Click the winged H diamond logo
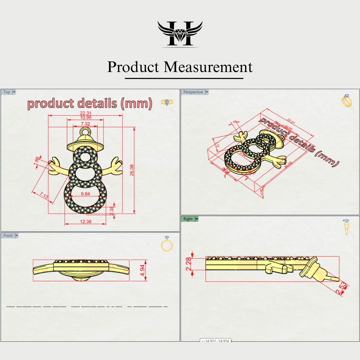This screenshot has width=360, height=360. pos(180,33)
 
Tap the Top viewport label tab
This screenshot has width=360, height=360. pos(7,92)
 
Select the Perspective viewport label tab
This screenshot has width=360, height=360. pos(193,92)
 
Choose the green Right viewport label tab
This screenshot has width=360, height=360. pos(188,219)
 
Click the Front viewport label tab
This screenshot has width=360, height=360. pos(8,236)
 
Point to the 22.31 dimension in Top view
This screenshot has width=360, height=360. pos(86,113)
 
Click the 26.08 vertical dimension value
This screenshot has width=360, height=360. pos(132,170)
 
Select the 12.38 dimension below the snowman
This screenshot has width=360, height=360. pos(86,221)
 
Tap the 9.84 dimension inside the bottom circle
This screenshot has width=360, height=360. pos(85,194)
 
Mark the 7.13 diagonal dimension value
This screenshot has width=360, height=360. pos(44,195)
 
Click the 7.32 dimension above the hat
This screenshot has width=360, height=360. pos(85,124)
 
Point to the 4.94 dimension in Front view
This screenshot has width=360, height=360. pos(142,271)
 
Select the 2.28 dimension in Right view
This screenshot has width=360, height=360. pos(189,264)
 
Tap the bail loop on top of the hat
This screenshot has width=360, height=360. pos(85,132)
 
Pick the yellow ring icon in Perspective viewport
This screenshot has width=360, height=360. pos(346,101)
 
